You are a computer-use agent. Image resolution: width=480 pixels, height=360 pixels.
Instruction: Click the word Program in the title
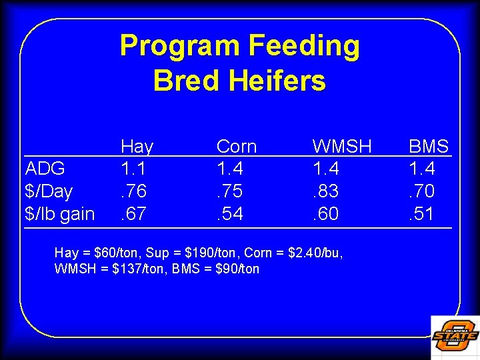(179, 46)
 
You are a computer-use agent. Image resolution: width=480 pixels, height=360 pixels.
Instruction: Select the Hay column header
(137, 146)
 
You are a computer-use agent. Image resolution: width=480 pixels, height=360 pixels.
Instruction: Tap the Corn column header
(237, 146)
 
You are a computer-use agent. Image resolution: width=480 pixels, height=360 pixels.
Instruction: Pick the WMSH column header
(342, 146)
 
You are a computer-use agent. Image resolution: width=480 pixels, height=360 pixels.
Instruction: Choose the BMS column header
(429, 146)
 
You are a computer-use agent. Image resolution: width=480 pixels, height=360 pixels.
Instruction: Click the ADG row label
(45, 169)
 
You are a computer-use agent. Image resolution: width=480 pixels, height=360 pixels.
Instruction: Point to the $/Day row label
(49, 191)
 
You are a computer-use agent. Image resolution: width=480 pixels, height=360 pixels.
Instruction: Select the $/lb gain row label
(59, 214)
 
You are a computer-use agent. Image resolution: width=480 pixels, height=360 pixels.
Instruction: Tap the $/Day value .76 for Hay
(134, 191)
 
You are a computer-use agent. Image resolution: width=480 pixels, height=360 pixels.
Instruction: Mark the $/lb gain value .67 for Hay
(134, 214)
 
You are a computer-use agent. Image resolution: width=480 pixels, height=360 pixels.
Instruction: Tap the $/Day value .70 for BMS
(423, 191)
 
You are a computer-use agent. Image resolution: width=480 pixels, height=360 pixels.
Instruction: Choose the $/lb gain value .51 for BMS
(423, 214)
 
